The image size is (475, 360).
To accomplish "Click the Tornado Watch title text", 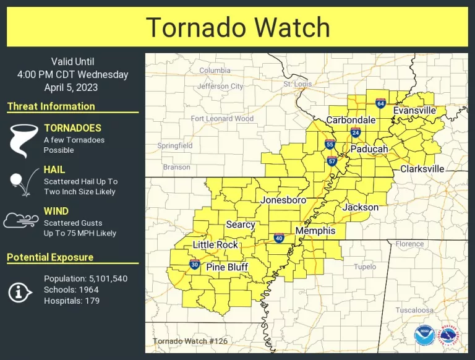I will pos(237,28).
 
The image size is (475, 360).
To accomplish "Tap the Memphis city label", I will pos(315,231).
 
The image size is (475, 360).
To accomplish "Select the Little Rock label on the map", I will pos(215,245).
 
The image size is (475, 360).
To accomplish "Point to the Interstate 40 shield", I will pos(279,238).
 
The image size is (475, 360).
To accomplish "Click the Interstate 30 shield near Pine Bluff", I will pos(194,265).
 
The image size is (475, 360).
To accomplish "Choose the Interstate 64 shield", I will pos(380,103).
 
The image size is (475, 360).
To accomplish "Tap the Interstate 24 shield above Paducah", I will pos(356,132).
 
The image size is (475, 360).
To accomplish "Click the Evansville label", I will pos(415,110).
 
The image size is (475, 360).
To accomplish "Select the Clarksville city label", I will pos(422,169).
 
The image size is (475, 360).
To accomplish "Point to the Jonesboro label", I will pos(283,200).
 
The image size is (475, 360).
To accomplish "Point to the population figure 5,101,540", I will pos(104,279).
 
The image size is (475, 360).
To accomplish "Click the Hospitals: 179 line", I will pos(72,301).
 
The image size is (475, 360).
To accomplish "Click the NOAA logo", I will pos(424,335).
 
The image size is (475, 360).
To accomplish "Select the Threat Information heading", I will pos(51,106).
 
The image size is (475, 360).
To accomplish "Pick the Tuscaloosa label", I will pos(414,310).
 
